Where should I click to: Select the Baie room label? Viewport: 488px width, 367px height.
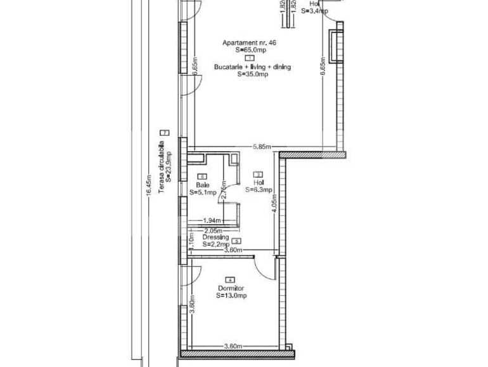(202, 185)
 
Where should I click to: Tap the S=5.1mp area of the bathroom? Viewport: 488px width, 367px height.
(203, 192)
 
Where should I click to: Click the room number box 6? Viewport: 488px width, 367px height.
(202, 177)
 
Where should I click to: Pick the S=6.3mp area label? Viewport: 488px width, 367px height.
(258, 189)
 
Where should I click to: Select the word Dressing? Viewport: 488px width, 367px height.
(215, 237)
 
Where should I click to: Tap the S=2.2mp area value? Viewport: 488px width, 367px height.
(215, 244)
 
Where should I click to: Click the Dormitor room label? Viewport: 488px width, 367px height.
(230, 288)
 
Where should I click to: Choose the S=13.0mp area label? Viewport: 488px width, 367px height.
(231, 295)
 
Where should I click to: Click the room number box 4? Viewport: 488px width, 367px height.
(229, 280)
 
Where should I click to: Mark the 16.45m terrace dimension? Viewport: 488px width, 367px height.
(148, 185)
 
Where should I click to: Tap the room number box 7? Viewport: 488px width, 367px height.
(165, 132)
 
